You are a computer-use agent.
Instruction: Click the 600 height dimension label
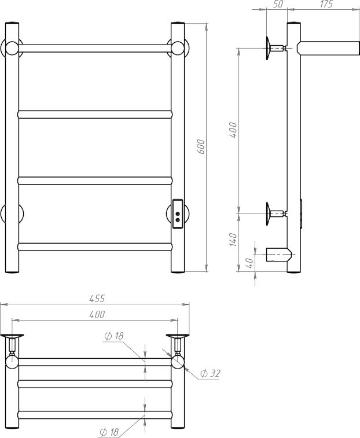(x=201, y=147)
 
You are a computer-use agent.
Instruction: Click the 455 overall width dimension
(x=97, y=299)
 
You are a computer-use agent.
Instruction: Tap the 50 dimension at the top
(x=278, y=4)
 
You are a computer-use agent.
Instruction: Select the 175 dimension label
(x=326, y=4)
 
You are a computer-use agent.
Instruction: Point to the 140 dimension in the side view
(x=233, y=240)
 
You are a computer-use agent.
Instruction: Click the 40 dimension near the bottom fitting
(x=249, y=263)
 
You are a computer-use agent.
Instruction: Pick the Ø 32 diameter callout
(x=210, y=373)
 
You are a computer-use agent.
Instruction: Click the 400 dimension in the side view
(x=233, y=130)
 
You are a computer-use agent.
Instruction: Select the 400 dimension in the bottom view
(x=97, y=315)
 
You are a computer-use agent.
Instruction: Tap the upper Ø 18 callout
(x=114, y=336)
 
